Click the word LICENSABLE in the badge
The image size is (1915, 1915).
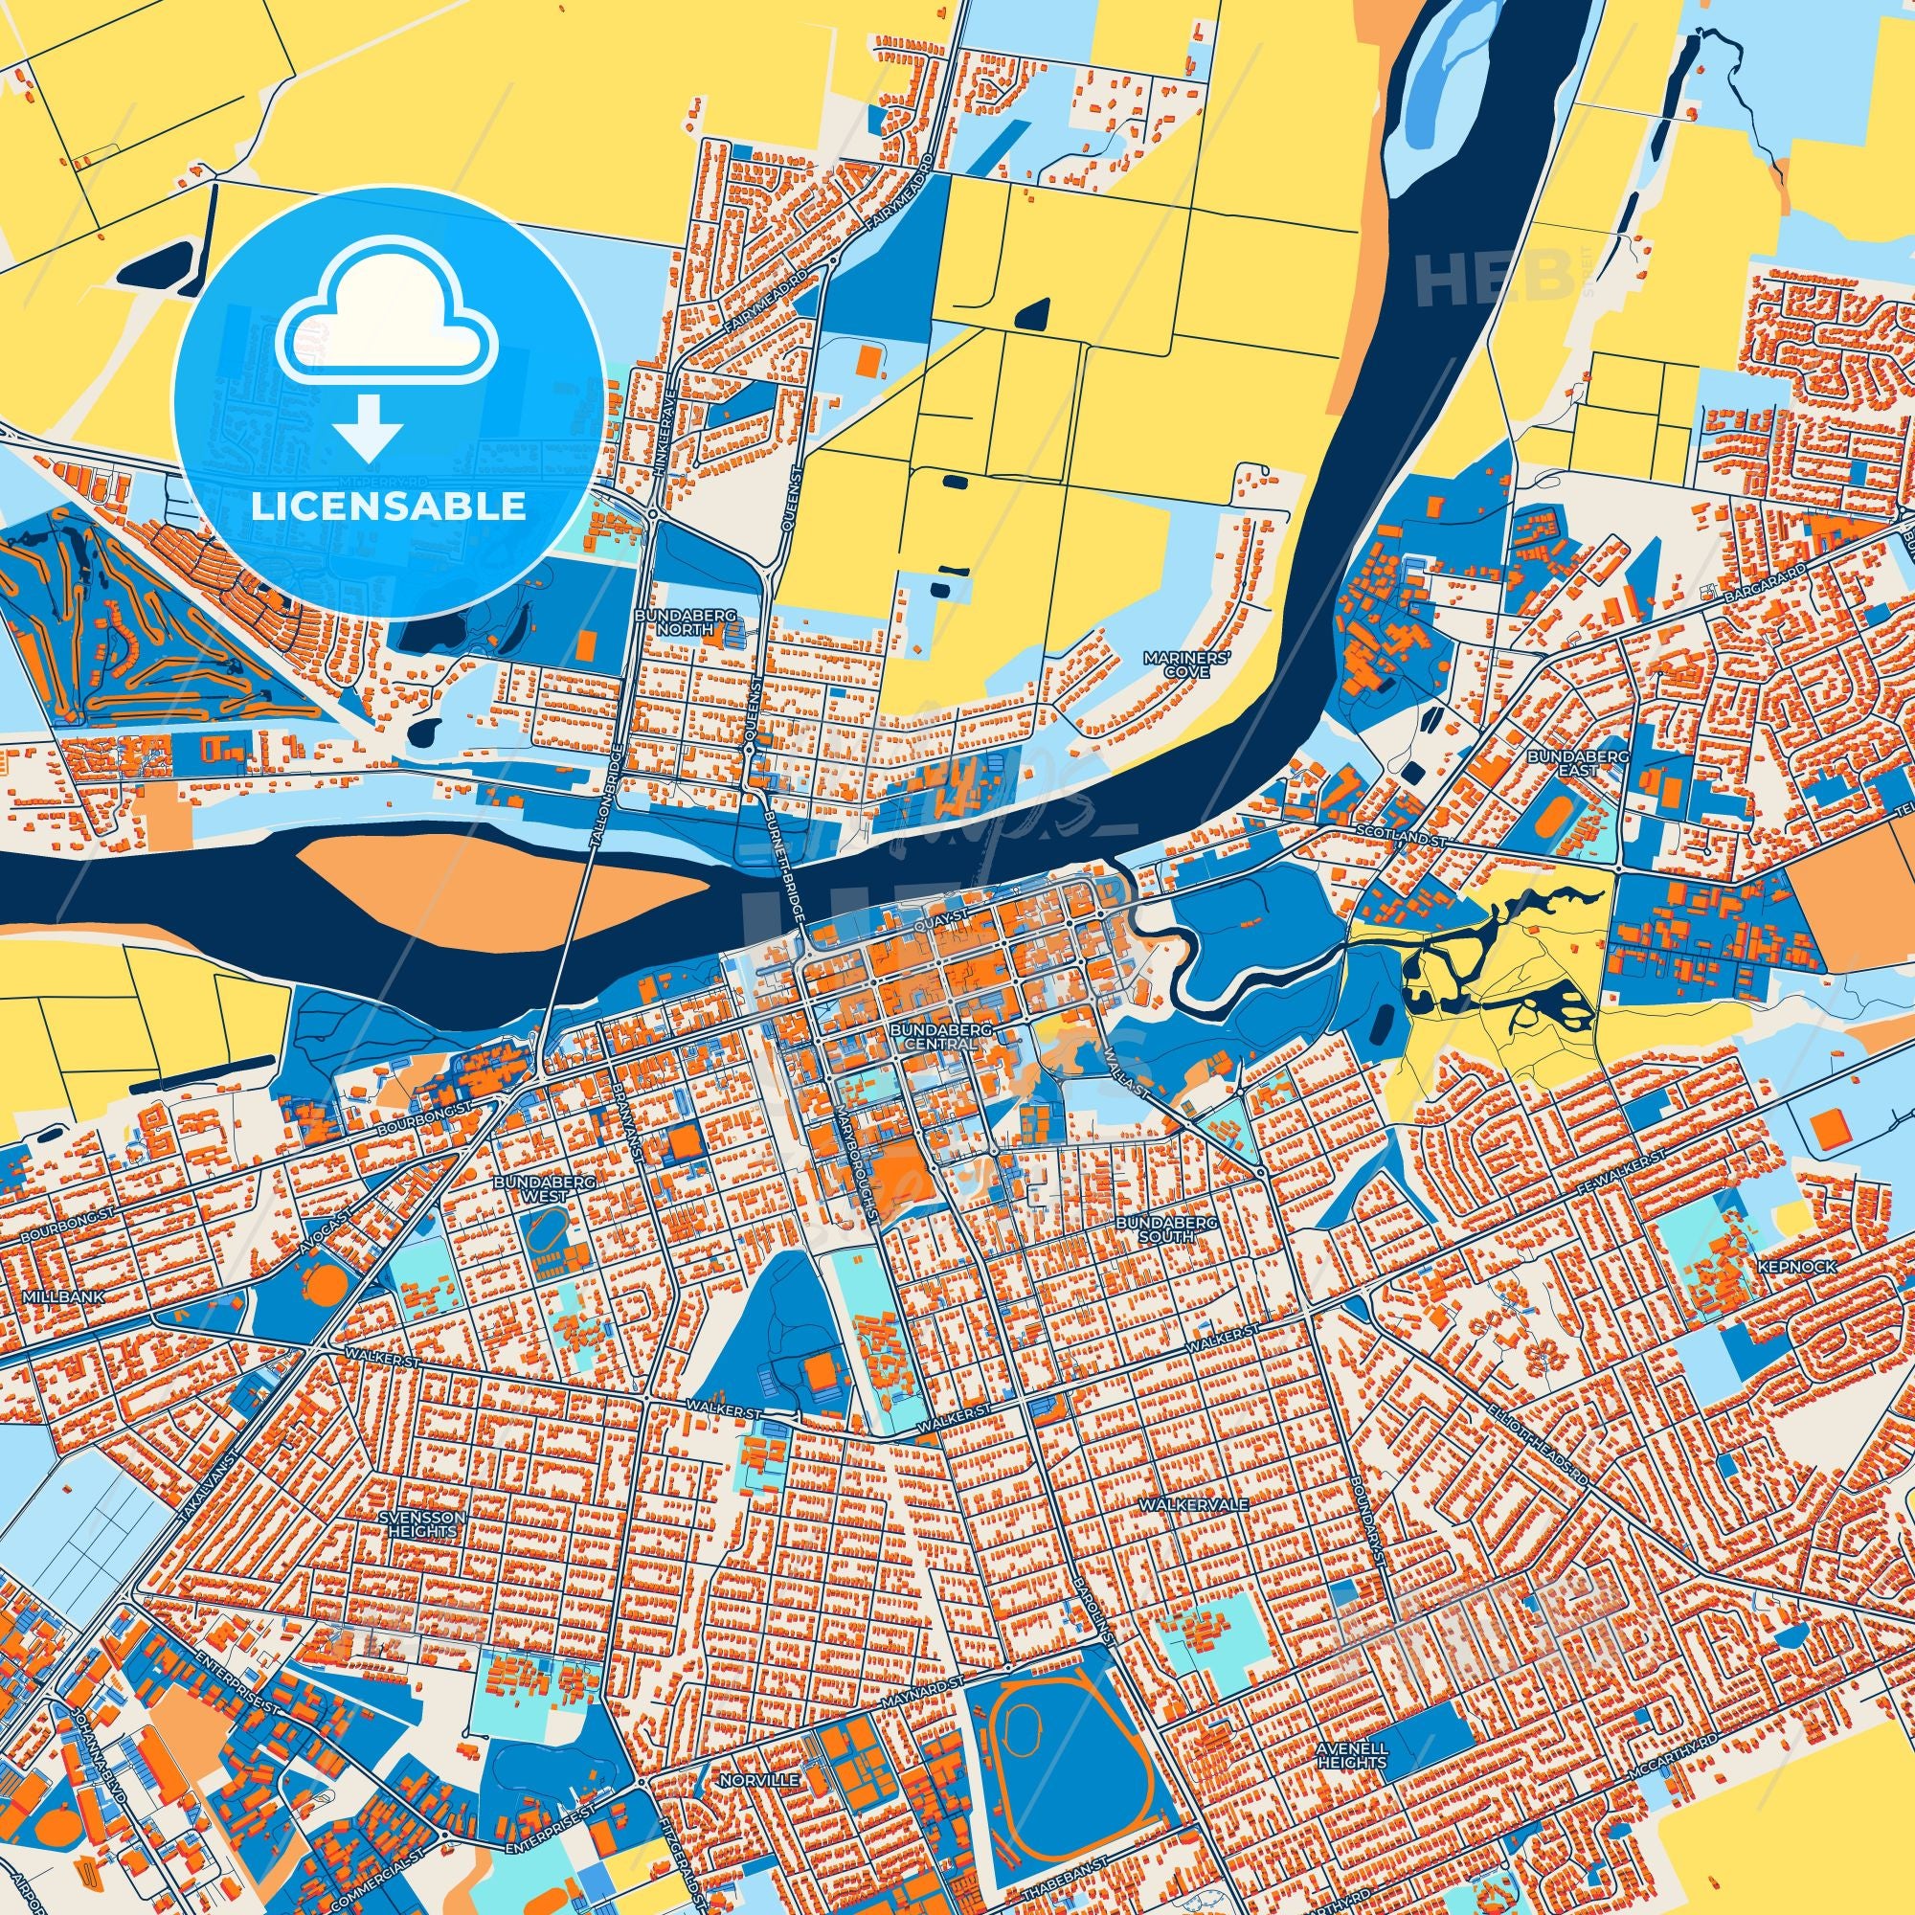[388, 507]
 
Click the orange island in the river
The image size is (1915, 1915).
[496, 891]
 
